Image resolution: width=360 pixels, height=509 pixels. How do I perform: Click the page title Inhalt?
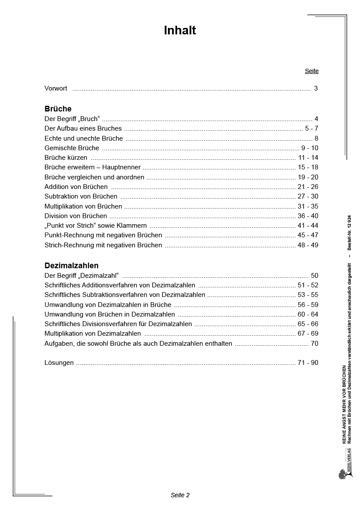tap(180, 30)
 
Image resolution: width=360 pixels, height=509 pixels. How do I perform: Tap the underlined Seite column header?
tap(312, 71)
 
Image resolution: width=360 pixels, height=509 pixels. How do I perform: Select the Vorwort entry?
tap(56, 88)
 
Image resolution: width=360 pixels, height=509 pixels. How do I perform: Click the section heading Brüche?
tap(58, 109)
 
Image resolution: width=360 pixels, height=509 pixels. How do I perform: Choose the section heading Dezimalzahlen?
tap(71, 266)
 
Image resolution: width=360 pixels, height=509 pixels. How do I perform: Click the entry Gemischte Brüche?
tap(72, 148)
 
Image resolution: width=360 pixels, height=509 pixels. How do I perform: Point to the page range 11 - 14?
tap(308, 158)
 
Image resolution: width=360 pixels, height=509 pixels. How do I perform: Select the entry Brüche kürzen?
tap(66, 158)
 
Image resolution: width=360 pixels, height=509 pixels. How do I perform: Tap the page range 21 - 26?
tap(308, 187)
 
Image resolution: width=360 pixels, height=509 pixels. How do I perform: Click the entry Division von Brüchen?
tap(76, 216)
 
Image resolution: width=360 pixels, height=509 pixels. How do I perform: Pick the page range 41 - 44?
tap(308, 226)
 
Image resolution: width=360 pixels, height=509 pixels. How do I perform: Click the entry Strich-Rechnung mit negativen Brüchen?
tap(103, 245)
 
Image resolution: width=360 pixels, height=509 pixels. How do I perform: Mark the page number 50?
tap(315, 276)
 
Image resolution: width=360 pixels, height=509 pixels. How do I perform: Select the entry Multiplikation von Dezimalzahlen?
tap(93, 334)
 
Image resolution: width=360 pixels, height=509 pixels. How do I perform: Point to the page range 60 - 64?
tap(308, 314)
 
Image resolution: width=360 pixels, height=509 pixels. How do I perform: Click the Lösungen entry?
tap(59, 363)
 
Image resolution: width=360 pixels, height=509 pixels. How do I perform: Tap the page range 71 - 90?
tap(308, 363)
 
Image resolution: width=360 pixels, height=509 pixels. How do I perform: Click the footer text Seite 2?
tap(180, 495)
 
